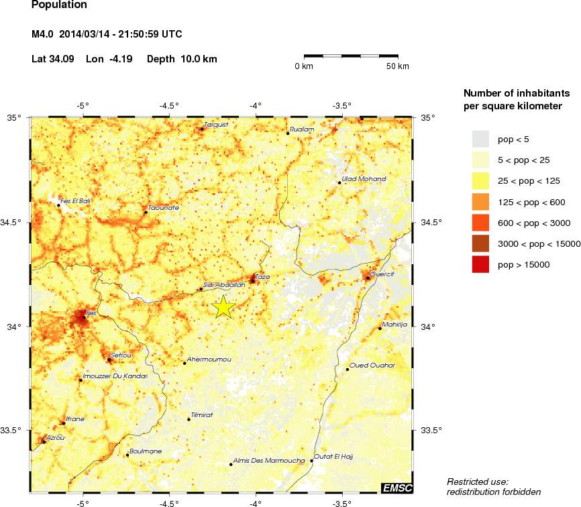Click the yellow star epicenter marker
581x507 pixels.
[x=223, y=306]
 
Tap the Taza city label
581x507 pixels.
[x=262, y=276]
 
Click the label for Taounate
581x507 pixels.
[x=163, y=208]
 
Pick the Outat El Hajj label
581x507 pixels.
[x=333, y=456]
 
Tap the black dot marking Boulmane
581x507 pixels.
[x=127, y=455]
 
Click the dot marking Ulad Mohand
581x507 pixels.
[x=340, y=182]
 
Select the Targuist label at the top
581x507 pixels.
[x=216, y=124]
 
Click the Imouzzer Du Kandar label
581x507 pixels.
[x=114, y=376]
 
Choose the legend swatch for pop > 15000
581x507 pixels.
[x=480, y=265]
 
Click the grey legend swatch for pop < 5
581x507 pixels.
[x=480, y=139]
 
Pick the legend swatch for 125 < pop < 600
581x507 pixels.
[x=480, y=202]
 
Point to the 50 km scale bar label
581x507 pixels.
[x=398, y=66]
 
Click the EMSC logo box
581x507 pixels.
[x=397, y=488]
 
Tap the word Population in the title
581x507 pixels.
[x=59, y=5]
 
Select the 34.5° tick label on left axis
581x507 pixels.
[x=14, y=223]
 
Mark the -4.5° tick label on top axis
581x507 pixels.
[x=168, y=105]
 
